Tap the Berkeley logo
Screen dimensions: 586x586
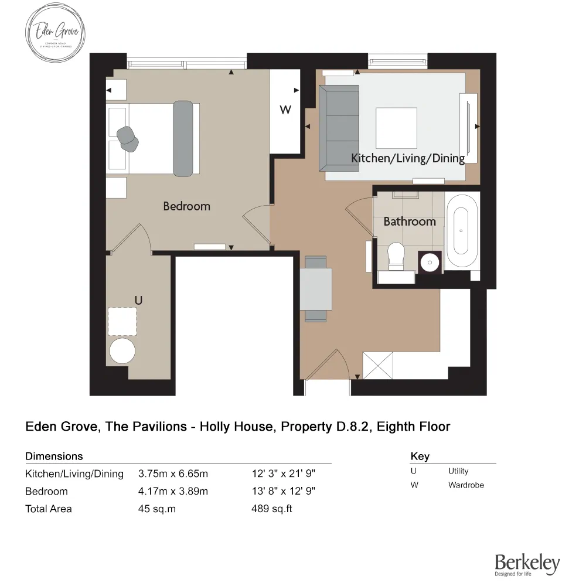[x=527, y=564]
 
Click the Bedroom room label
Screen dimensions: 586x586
[x=186, y=206]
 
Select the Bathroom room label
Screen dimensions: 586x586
[x=410, y=222]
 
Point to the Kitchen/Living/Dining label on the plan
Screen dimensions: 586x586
[x=408, y=158]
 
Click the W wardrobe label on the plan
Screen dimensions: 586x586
[x=285, y=110]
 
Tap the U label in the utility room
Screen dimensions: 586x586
[x=138, y=300]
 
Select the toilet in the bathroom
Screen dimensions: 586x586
[x=397, y=257]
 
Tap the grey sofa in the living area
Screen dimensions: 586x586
[x=338, y=128]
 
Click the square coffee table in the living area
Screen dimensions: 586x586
[x=396, y=128]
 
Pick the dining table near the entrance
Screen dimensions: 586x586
[x=316, y=288]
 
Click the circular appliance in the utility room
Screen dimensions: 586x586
[x=122, y=351]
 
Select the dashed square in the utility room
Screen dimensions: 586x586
[x=122, y=321]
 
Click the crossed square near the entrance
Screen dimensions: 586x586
[x=377, y=366]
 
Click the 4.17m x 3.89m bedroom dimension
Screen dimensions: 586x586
[x=173, y=491]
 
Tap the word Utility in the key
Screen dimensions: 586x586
[x=458, y=471]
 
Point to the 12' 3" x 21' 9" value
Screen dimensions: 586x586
[x=284, y=473]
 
